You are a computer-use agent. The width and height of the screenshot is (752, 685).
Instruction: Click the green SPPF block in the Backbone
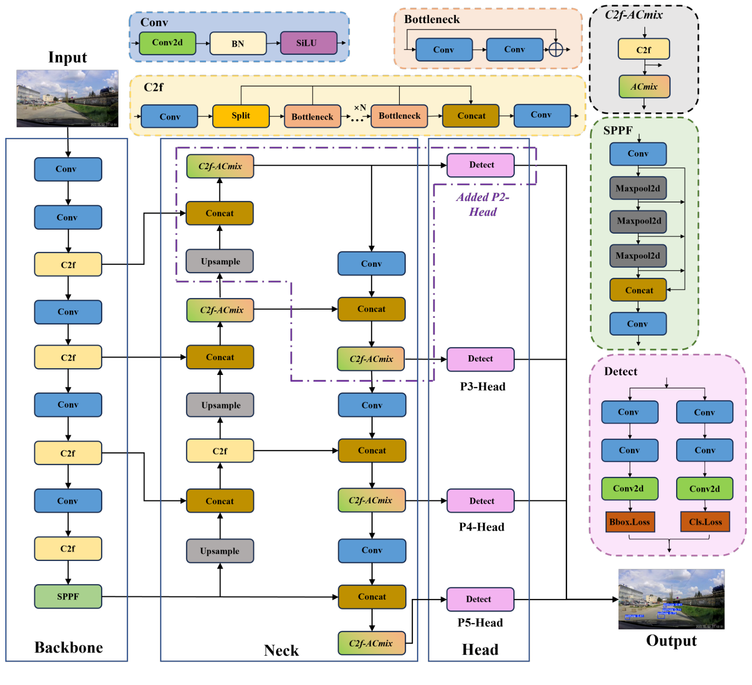pos(68,597)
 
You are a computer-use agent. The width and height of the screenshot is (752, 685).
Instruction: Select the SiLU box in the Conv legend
pos(308,43)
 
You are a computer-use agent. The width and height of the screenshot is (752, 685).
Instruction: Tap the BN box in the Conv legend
pos(238,44)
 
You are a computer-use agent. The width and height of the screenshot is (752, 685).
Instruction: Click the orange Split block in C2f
pos(241,116)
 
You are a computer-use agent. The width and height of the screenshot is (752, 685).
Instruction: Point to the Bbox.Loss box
pos(630,522)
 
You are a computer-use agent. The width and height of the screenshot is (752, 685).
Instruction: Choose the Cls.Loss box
pos(705,522)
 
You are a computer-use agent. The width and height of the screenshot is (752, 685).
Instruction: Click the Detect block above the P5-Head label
pos(480,599)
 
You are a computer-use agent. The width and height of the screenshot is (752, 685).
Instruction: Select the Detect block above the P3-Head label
pos(480,359)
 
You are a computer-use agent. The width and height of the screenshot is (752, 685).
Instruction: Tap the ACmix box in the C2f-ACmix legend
pos(644,87)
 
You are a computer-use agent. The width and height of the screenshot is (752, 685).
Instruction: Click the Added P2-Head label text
pos(483,204)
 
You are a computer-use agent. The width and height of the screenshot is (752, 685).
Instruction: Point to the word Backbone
pos(69,648)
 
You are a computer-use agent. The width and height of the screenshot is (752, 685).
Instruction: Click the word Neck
pos(281,650)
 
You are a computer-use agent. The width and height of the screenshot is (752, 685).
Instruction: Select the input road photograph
pos(67,99)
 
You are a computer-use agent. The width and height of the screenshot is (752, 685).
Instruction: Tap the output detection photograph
pos(671,599)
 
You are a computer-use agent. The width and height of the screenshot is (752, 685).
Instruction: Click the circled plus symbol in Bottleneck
pos(556,50)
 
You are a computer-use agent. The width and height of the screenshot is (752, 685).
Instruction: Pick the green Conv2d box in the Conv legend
pos(167,43)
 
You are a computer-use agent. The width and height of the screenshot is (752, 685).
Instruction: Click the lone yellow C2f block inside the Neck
pos(220,451)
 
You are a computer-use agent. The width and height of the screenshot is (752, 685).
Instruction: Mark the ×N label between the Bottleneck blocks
pos(360,108)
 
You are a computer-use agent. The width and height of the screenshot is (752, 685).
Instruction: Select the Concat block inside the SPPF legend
pos(638,290)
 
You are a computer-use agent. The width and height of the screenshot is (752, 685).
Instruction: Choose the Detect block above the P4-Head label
pos(480,501)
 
